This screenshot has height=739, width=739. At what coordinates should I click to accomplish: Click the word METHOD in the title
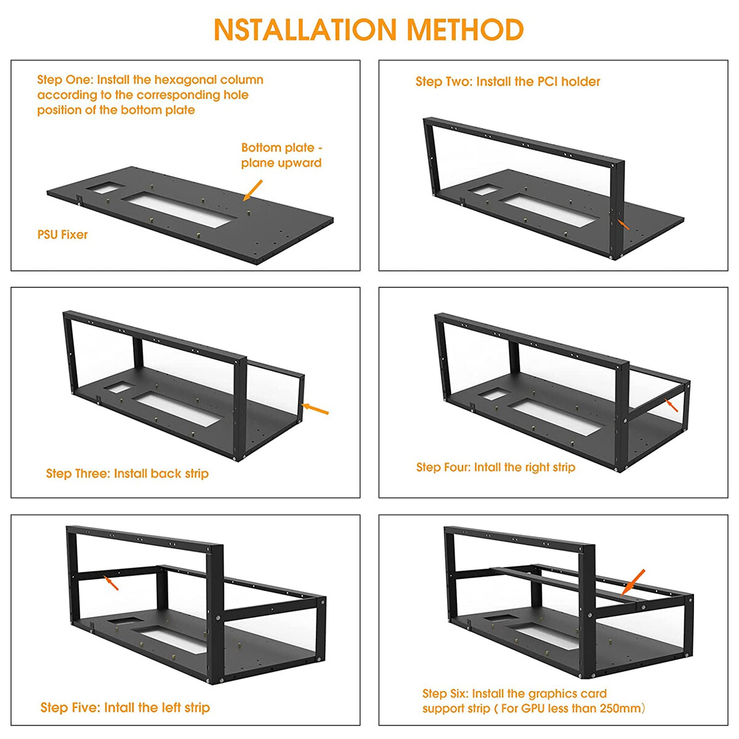coord(465,30)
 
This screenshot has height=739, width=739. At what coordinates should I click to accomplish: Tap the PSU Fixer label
coord(63,234)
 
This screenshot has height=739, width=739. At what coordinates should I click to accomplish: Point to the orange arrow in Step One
coord(252,190)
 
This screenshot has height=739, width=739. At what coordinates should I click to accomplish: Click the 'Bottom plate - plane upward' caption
coord(281,155)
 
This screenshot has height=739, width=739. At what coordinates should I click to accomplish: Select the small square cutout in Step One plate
coord(105,188)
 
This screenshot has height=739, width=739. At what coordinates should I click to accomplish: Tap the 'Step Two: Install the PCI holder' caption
coord(507,82)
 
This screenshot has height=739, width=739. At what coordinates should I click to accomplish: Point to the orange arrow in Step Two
coord(623,224)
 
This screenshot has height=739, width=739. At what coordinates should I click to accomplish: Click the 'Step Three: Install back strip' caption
coord(127,474)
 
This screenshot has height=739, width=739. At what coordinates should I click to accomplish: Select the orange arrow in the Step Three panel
coord(315,409)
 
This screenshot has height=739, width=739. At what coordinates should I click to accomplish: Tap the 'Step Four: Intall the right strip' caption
coord(496,467)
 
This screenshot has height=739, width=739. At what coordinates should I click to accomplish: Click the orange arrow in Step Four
coord(671,405)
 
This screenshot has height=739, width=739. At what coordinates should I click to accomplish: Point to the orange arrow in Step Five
coord(111,583)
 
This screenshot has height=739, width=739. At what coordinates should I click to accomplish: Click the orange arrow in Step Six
coord(633,583)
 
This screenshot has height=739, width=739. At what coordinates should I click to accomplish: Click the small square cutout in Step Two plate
coord(485,190)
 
